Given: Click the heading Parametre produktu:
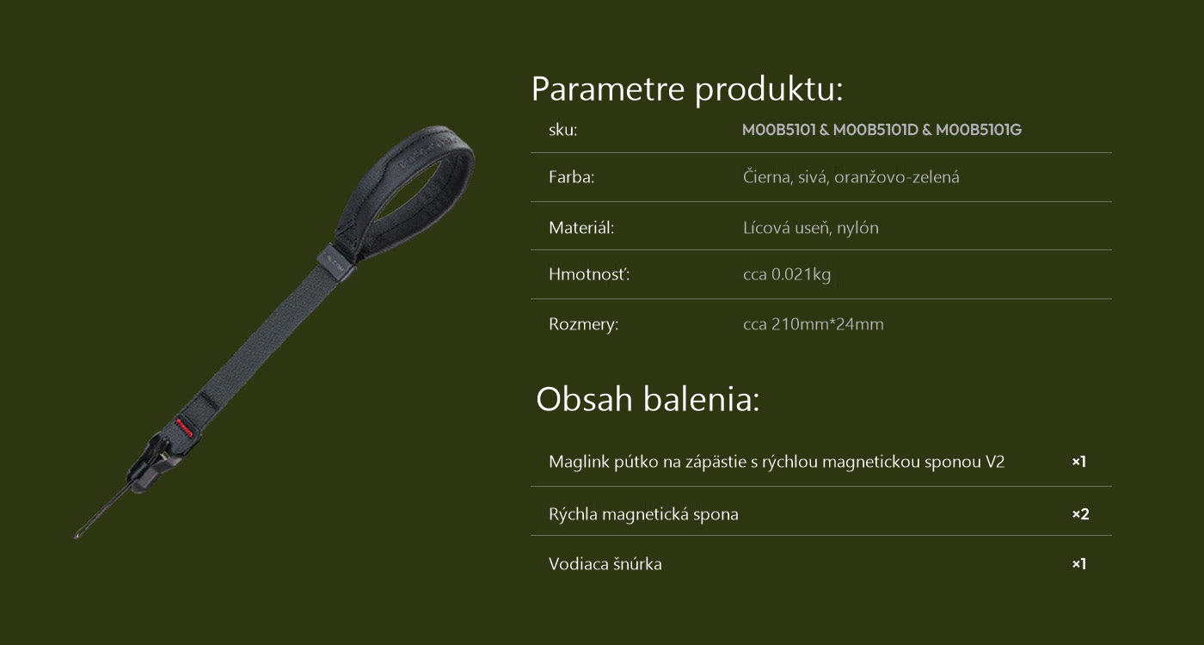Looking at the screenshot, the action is [687, 89].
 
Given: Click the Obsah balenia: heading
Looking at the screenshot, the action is [648, 399].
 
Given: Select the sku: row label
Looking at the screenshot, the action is [562, 130].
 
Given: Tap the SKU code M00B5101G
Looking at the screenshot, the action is [979, 130].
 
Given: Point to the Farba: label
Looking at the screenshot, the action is [571, 177].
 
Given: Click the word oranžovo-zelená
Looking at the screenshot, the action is [896, 177].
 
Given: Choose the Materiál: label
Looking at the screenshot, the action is [581, 228].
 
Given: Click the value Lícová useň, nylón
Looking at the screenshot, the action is [810, 228].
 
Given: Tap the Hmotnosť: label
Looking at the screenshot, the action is [589, 274].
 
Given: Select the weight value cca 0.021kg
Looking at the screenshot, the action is [787, 274].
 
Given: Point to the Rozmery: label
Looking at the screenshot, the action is [583, 324].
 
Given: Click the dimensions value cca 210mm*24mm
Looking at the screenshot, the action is [814, 324].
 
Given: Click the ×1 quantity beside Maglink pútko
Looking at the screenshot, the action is [1078, 462].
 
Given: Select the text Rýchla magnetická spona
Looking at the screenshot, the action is [643, 514].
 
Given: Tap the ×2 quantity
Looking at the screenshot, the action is [1080, 514].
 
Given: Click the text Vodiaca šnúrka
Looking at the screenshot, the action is [605, 564].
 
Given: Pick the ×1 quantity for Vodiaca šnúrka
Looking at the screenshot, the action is [1078, 564].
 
